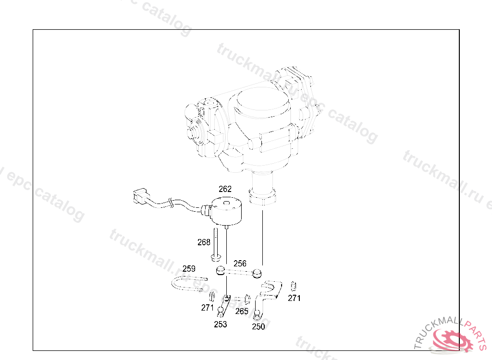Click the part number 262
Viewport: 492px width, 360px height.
pyautogui.click(x=225, y=189)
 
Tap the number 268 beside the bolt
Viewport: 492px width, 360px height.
pyautogui.click(x=204, y=242)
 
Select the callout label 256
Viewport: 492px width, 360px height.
pyautogui.click(x=240, y=264)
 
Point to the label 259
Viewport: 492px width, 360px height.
pyautogui.click(x=189, y=268)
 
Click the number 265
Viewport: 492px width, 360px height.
pyautogui.click(x=242, y=311)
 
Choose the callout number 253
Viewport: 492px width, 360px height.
pyautogui.click(x=221, y=324)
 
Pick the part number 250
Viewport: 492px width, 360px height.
pyautogui.click(x=258, y=327)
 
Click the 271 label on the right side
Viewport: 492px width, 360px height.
pyautogui.click(x=294, y=298)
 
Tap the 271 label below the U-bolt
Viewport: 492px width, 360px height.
pyautogui.click(x=207, y=308)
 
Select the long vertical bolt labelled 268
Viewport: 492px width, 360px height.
pyautogui.click(x=216, y=245)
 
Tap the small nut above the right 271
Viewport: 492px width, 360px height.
pyautogui.click(x=293, y=287)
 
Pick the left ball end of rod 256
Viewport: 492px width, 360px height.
pyautogui.click(x=220, y=271)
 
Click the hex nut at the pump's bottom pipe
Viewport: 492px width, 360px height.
pyautogui.click(x=263, y=197)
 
